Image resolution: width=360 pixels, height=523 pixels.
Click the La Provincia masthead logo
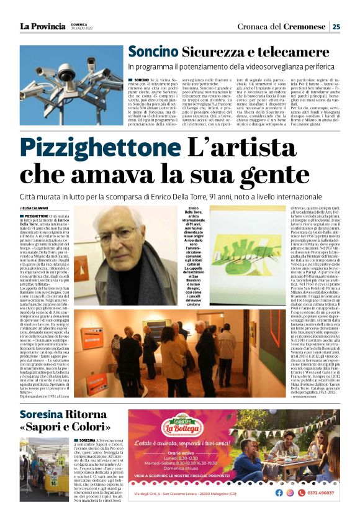(x=42, y=26)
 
